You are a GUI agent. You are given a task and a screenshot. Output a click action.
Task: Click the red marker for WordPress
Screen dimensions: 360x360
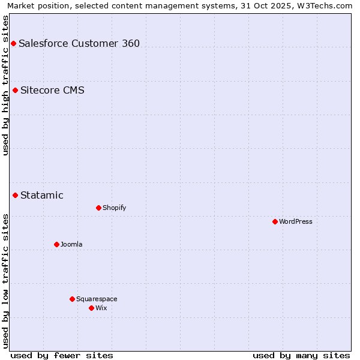click(275, 221)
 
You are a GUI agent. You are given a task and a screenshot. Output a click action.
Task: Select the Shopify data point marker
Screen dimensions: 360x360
click(98, 208)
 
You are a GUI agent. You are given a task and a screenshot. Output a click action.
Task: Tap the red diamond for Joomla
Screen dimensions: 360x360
click(56, 244)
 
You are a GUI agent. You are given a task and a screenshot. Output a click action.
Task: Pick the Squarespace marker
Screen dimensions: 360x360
click(72, 299)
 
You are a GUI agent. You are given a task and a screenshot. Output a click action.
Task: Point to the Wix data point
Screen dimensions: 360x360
click(91, 308)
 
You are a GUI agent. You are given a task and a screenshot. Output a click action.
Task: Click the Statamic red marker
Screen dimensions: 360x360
click(16, 195)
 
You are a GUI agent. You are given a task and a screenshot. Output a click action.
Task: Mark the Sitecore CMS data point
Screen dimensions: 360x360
click(16, 91)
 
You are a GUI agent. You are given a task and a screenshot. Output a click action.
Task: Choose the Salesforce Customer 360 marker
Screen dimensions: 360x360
click(13, 43)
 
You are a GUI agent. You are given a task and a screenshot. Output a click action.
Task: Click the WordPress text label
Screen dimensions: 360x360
click(296, 221)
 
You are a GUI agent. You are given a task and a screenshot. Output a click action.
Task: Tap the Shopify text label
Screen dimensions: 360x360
click(114, 208)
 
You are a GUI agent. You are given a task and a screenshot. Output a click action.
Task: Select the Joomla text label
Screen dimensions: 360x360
click(71, 244)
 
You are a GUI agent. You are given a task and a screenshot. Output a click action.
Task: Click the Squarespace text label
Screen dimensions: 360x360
click(97, 299)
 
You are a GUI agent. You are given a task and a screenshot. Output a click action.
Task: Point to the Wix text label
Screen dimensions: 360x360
click(101, 308)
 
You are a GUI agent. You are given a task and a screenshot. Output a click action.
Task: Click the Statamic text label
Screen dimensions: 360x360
click(42, 195)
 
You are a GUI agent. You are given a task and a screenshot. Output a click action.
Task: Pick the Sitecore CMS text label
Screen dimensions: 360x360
click(52, 91)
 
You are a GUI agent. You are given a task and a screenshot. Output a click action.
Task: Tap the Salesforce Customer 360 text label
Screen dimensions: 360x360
click(79, 43)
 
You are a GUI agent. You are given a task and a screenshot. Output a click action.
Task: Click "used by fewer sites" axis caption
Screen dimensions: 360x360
click(62, 355)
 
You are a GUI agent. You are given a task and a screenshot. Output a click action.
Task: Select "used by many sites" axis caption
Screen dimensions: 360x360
click(301, 355)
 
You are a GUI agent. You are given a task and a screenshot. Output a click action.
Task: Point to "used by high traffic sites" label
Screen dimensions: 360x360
click(5, 86)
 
